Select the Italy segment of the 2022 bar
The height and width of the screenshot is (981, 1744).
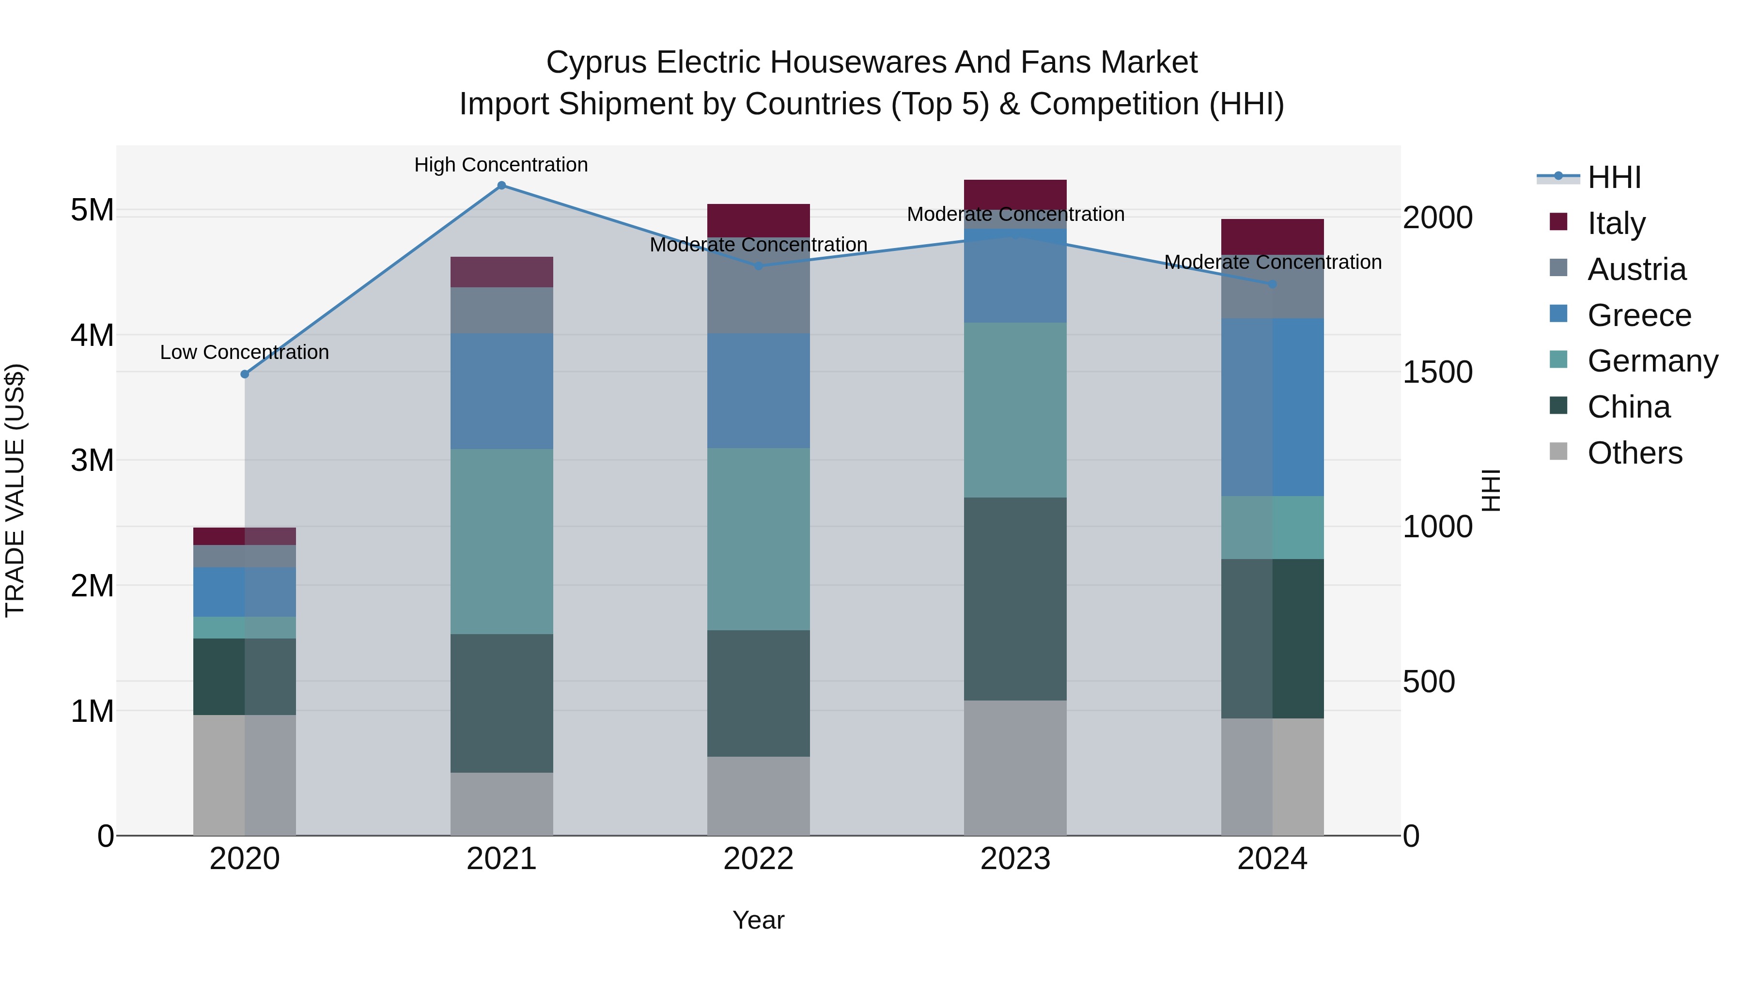pyautogui.click(x=758, y=220)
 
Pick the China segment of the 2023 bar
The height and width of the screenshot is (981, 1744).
pyautogui.click(x=1015, y=599)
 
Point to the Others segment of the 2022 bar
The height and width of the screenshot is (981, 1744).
pyautogui.click(x=758, y=795)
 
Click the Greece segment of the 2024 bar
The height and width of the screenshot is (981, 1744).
pyautogui.click(x=1272, y=407)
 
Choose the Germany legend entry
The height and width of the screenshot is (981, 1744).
pyautogui.click(x=1652, y=361)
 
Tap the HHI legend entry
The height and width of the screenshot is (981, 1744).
pyautogui.click(x=1613, y=177)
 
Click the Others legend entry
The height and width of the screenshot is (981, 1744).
pyautogui.click(x=1635, y=453)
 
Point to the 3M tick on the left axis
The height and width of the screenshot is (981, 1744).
pyautogui.click(x=92, y=460)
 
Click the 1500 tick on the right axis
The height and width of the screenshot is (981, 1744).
pyautogui.click(x=1437, y=373)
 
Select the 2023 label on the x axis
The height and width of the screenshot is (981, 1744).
pyautogui.click(x=1015, y=859)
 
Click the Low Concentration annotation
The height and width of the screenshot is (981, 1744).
pyautogui.click(x=245, y=353)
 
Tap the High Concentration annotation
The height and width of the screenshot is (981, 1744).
pyautogui.click(x=501, y=165)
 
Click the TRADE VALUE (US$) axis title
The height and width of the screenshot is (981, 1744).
pyautogui.click(x=15, y=490)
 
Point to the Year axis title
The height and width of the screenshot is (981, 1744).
pyautogui.click(x=758, y=920)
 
